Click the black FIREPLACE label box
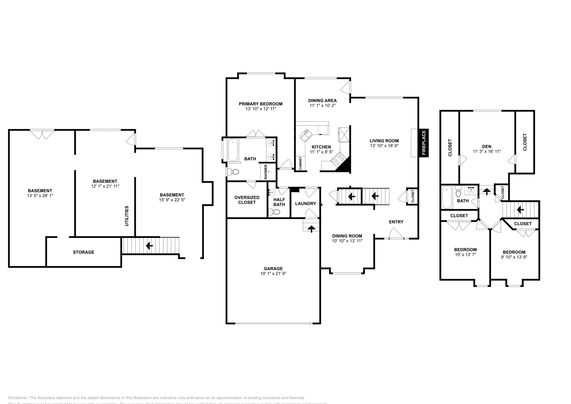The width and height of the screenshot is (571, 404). (x=424, y=143)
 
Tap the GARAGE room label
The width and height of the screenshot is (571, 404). (x=273, y=268)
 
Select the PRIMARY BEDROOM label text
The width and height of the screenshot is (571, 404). (x=261, y=104)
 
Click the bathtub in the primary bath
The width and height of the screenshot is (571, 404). (x=233, y=150)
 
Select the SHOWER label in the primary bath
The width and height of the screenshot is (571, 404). (x=266, y=172)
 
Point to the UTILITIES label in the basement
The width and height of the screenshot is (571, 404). (x=127, y=216)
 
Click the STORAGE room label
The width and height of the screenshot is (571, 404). (x=84, y=252)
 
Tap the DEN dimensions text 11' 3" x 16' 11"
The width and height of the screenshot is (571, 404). (x=487, y=151)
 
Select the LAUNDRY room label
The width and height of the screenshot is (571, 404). (x=305, y=203)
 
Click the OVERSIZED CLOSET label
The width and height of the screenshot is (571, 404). (x=247, y=200)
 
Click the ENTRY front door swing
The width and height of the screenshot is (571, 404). (x=396, y=234)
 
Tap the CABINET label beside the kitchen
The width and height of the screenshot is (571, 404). (x=300, y=163)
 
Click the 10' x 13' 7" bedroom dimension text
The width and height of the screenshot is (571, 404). (x=465, y=254)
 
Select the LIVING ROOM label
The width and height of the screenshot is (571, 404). (x=384, y=141)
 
